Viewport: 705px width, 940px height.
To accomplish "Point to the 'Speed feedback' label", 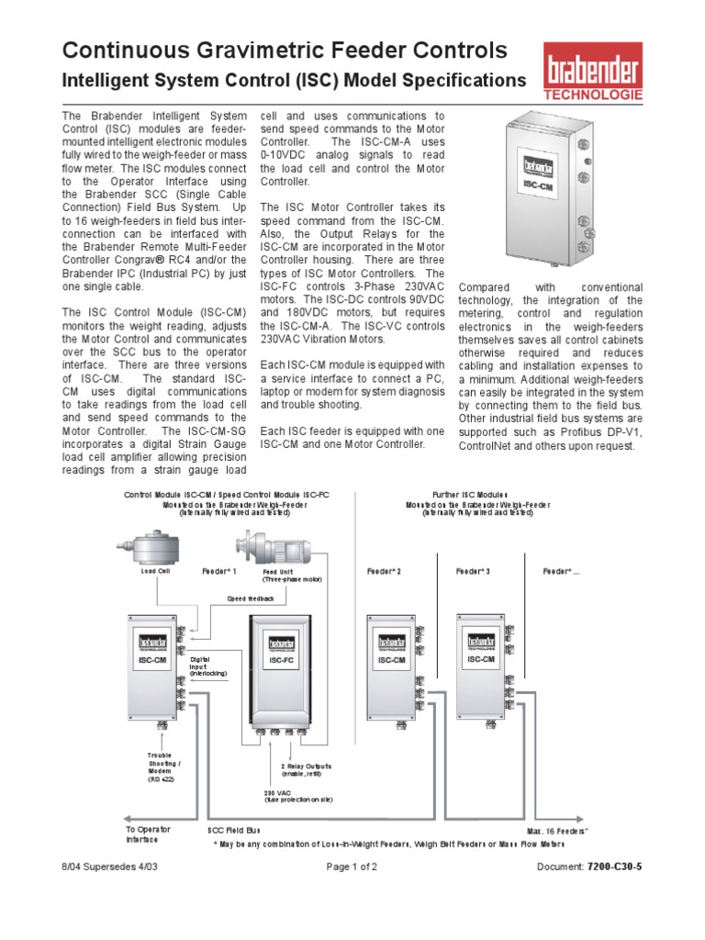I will point(251,598).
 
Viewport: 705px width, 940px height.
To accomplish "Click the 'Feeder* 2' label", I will point(384,572).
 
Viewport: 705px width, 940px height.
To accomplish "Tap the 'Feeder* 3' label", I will point(473,572).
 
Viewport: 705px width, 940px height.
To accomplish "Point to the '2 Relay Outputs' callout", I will point(306,768).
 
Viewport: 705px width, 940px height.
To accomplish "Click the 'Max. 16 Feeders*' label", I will point(556,830).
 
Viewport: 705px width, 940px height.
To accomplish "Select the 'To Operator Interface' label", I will point(149,834).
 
